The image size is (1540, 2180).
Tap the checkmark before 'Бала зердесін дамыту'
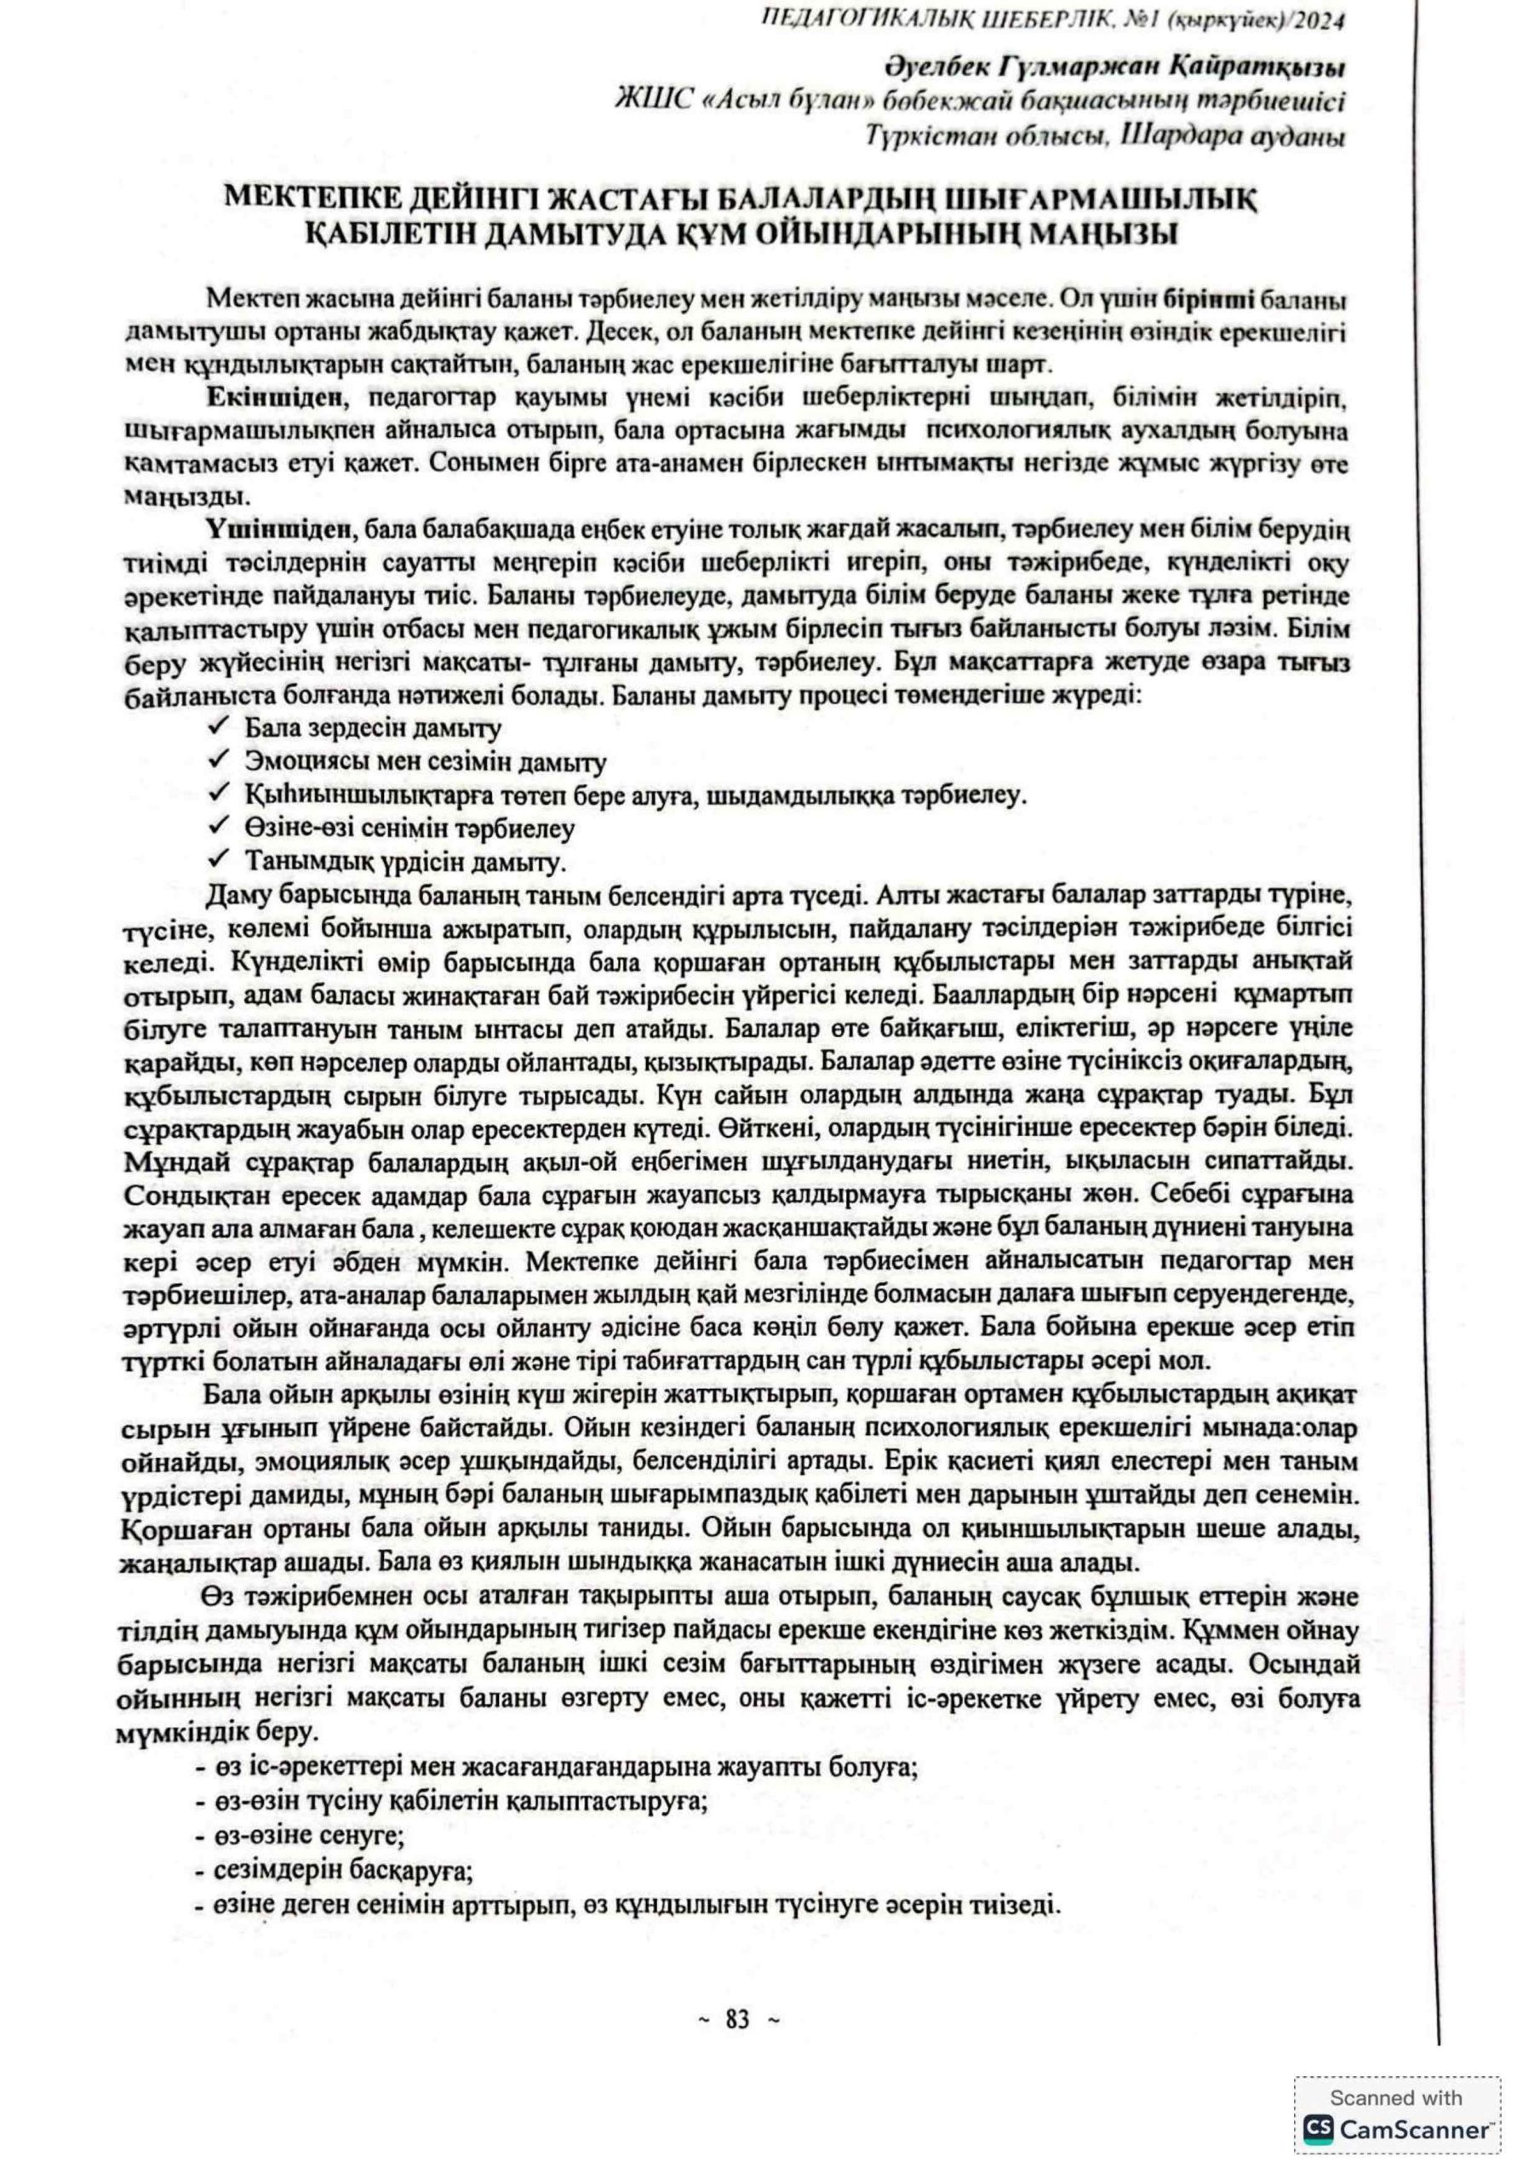click(217, 727)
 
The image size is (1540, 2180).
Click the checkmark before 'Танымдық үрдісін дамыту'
click(217, 860)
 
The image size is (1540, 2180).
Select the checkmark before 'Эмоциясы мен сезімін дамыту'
click(217, 760)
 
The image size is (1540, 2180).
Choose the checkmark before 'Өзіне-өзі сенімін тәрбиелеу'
click(217, 827)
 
